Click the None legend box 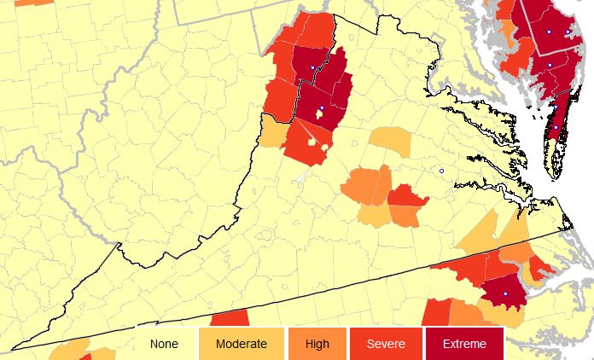pyautogui.click(x=163, y=344)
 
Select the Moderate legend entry pyautogui.click(x=241, y=344)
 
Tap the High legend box pyautogui.click(x=317, y=344)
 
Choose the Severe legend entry pyautogui.click(x=385, y=344)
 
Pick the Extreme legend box pyautogui.click(x=464, y=344)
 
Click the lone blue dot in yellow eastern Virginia pyautogui.click(x=441, y=171)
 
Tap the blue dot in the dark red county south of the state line pyautogui.click(x=505, y=293)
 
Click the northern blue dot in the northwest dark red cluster pyautogui.click(x=312, y=67)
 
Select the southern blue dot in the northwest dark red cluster pyautogui.click(x=321, y=108)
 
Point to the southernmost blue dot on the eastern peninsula pyautogui.click(x=554, y=128)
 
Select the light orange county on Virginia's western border pyautogui.click(x=273, y=131)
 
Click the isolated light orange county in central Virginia pyautogui.click(x=389, y=142)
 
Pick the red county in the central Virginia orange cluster pyautogui.click(x=406, y=197)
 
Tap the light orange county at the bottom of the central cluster pyautogui.click(x=375, y=215)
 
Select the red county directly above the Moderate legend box pyautogui.click(x=229, y=318)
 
